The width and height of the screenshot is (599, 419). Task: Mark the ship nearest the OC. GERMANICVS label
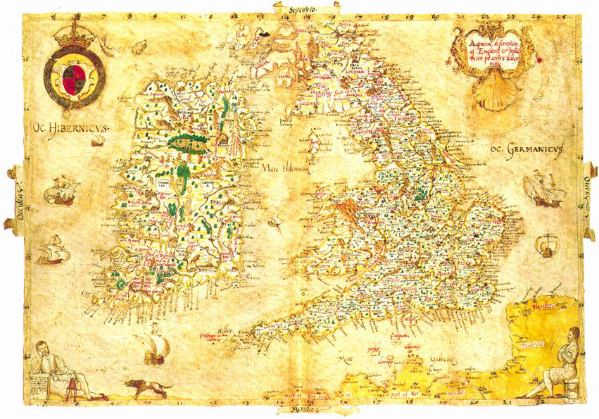pos(544,188)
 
